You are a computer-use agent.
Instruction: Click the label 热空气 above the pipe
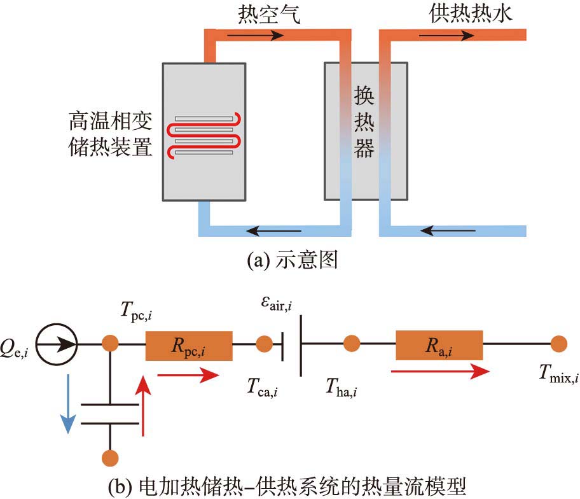click(x=268, y=14)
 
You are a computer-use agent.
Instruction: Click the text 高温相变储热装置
click(x=111, y=134)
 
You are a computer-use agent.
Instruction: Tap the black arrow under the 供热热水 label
click(x=454, y=34)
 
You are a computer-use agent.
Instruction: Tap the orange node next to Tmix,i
click(x=558, y=344)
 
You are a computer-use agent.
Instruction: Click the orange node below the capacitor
click(x=111, y=458)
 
